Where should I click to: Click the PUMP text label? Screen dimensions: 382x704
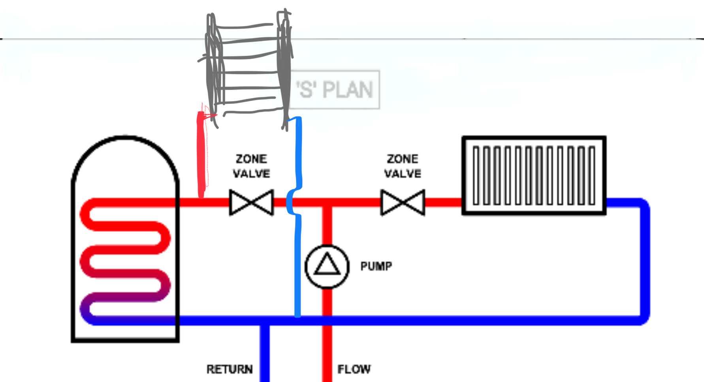click(376, 266)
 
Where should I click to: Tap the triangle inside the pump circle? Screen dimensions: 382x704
click(327, 265)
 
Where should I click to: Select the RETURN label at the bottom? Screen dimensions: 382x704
click(230, 369)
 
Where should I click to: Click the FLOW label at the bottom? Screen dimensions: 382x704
click(354, 369)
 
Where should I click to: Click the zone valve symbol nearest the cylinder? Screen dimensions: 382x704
click(251, 202)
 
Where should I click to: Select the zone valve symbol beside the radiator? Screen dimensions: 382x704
click(403, 202)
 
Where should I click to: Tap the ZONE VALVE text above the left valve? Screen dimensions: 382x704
click(251, 166)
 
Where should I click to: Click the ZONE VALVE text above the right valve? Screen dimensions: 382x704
click(403, 166)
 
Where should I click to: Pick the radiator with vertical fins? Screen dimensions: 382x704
click(534, 175)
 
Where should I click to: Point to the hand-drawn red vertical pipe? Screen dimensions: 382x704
click(201, 154)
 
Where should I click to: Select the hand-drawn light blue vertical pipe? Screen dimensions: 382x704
click(297, 257)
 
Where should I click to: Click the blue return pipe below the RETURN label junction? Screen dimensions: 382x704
click(264, 356)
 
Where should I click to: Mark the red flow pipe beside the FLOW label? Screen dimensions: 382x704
click(327, 356)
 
